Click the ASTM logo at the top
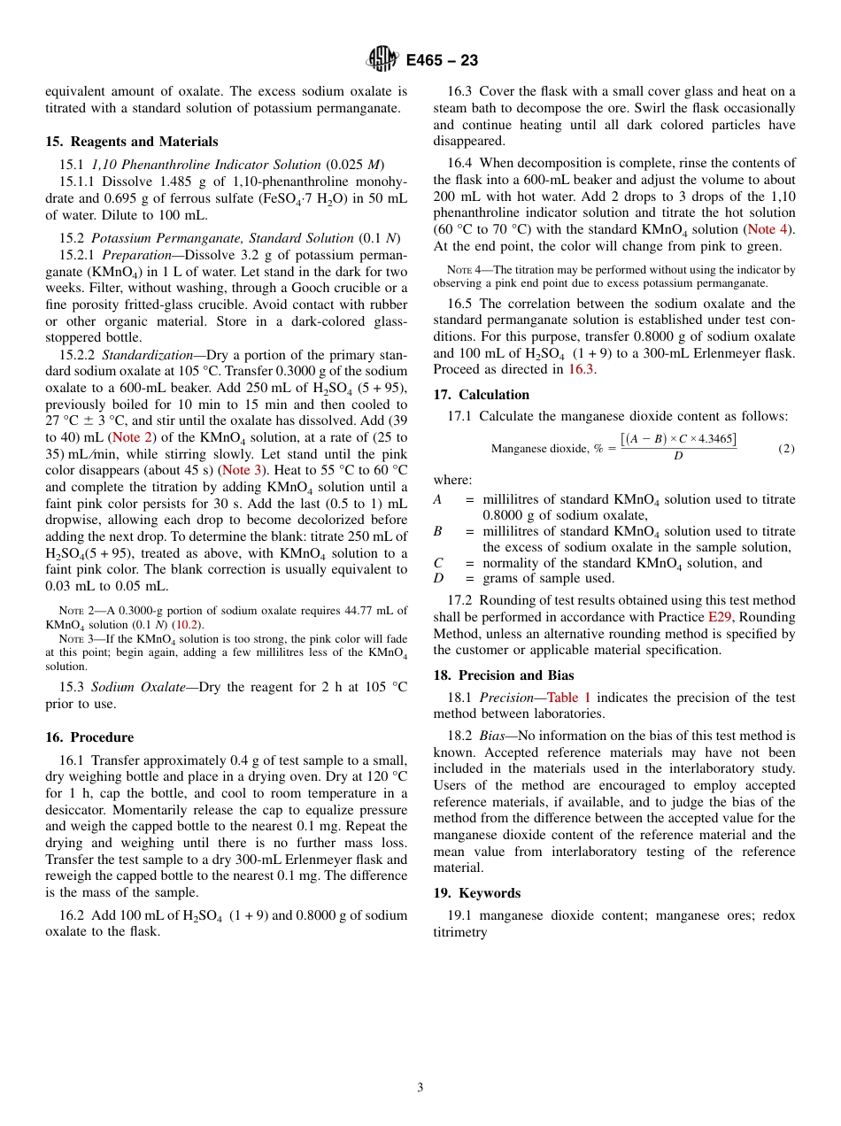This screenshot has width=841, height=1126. click(x=382, y=59)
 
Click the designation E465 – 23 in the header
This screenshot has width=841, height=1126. click(x=442, y=60)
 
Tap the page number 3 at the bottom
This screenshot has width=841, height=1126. click(x=420, y=1087)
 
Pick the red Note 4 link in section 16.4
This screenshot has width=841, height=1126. click(x=768, y=230)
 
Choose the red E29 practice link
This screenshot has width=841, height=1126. click(x=720, y=617)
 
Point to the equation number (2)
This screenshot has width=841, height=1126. click(x=786, y=449)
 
